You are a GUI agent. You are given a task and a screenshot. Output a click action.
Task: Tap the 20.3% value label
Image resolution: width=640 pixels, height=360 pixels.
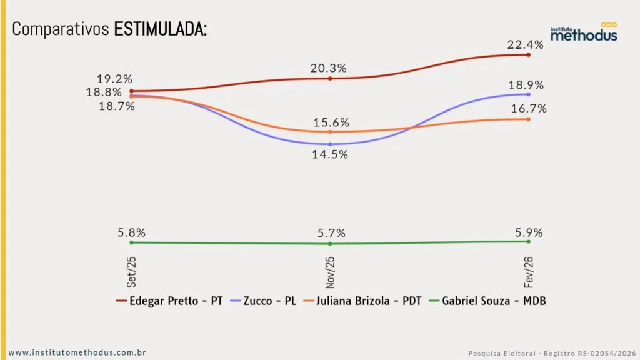click(329, 68)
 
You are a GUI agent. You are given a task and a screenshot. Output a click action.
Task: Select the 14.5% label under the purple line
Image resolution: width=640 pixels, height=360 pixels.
click(330, 154)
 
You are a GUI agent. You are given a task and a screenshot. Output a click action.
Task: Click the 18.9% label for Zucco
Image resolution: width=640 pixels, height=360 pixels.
click(526, 85)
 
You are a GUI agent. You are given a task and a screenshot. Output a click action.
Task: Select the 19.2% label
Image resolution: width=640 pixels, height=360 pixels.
click(114, 79)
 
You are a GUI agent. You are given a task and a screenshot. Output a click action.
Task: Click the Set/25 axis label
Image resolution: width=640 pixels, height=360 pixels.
click(132, 270)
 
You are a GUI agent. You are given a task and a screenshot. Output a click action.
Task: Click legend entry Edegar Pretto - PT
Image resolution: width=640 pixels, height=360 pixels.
click(170, 301)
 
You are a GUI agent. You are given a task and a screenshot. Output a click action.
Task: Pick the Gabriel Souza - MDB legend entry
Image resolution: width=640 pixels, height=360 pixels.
click(487, 301)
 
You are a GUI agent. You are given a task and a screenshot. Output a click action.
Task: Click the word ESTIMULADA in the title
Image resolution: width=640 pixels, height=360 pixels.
click(160, 29)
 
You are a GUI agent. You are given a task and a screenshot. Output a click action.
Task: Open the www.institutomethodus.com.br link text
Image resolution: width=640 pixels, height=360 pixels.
click(77, 352)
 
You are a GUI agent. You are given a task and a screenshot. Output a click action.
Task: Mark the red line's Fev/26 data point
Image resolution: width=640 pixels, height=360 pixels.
click(529, 55)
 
